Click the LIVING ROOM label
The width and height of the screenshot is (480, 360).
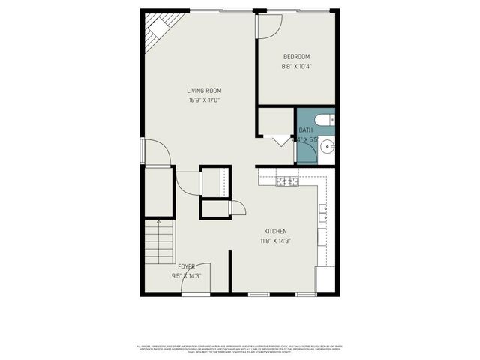[x=204, y=91]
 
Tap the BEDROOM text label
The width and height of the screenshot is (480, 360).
[x=296, y=57]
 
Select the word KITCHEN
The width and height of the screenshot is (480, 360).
[x=275, y=231]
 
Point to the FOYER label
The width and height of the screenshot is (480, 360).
[x=186, y=266]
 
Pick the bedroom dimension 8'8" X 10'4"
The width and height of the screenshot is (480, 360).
[x=296, y=66]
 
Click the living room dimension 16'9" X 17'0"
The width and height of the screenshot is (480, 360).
[x=204, y=100]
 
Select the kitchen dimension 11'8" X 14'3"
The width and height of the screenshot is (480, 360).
[x=275, y=241]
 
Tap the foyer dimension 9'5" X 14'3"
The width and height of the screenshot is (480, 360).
[x=186, y=275]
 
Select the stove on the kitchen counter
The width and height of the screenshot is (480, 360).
[x=285, y=181]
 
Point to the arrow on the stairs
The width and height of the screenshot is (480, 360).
[x=159, y=223]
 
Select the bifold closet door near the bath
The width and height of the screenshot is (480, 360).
[x=282, y=140]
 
